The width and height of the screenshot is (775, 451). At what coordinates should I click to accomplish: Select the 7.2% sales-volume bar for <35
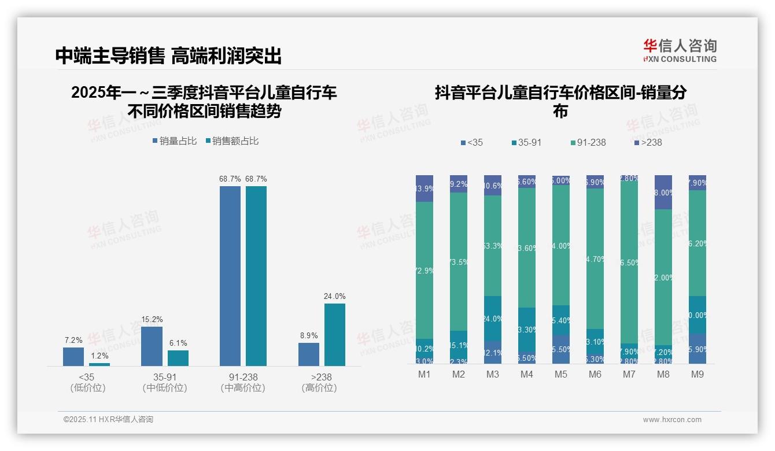pos(73,356)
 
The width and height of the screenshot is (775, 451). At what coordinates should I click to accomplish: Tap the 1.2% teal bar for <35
pos(99,364)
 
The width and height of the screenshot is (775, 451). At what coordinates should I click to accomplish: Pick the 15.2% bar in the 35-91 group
pos(152,346)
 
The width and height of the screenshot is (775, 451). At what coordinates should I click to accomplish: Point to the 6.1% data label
pos(178,343)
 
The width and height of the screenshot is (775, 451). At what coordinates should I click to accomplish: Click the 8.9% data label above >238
pos(308,335)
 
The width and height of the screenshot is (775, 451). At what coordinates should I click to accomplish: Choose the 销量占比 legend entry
pos(175,141)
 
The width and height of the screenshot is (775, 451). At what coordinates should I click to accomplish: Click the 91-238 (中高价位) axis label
pos(243,382)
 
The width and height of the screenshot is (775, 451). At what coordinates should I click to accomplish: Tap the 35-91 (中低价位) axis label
pos(165,382)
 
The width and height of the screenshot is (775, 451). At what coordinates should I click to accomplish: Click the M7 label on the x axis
pos(629,374)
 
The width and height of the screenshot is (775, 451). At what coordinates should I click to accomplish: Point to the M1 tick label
pos(425,374)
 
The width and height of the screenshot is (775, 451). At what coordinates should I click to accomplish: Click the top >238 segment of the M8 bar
pos(663,192)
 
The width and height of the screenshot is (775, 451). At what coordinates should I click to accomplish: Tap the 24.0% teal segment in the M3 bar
pos(493,319)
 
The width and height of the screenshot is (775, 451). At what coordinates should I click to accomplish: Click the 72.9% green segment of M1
pos(425,270)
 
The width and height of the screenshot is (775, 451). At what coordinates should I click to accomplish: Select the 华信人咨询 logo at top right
pos(680,50)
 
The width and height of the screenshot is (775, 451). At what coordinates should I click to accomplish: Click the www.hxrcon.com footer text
pos(672,420)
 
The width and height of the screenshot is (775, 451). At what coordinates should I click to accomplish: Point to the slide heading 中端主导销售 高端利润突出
pos(168,56)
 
